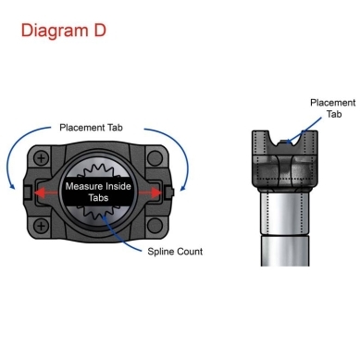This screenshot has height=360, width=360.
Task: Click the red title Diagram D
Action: tap(64, 31)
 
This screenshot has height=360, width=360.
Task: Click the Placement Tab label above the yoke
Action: tap(91, 128)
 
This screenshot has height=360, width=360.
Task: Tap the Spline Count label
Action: tap(175, 252)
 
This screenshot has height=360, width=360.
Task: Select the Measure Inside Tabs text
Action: tap(98, 192)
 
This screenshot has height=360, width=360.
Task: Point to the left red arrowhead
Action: tap(39, 192)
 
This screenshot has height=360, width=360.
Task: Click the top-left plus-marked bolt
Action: tap(41, 158)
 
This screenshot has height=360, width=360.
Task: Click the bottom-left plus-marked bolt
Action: tap(41, 226)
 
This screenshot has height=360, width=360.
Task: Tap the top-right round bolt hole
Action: tap(155, 158)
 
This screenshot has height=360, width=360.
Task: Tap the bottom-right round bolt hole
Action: tap(155, 226)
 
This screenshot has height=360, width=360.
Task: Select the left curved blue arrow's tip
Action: tap(13, 187)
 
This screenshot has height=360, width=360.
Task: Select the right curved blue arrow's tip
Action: tap(182, 188)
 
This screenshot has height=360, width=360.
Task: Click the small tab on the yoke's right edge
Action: tap(169, 192)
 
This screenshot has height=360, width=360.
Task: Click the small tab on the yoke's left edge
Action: tap(27, 192)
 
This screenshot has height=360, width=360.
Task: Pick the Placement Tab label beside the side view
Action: tap(333, 108)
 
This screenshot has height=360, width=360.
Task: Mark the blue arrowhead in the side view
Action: tap(289, 142)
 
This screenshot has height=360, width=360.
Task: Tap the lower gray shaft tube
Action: tap(285, 251)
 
